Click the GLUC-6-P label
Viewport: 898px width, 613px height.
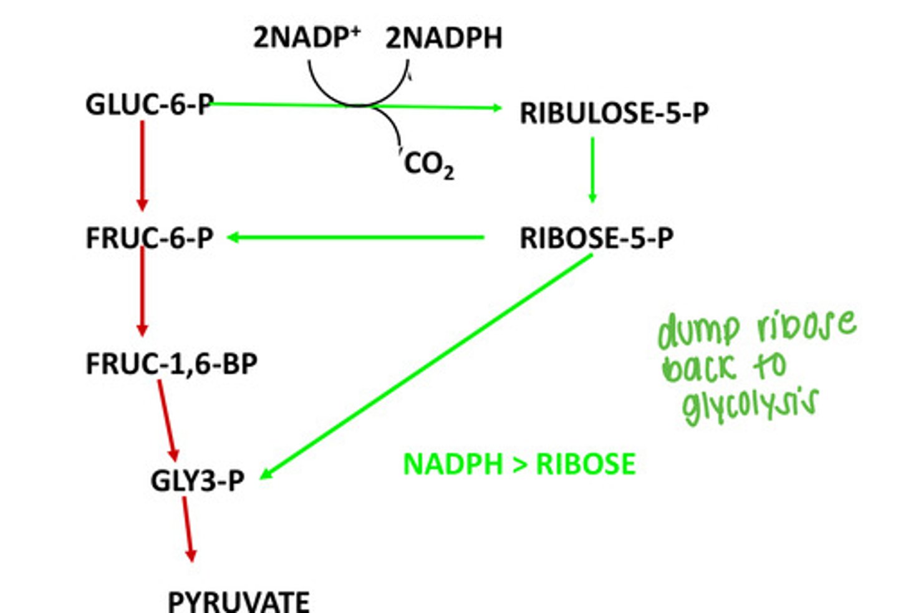(x=150, y=104)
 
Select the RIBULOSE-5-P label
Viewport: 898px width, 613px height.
(x=614, y=113)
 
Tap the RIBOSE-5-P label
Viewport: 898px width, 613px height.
(x=596, y=238)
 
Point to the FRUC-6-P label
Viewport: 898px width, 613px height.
(x=150, y=238)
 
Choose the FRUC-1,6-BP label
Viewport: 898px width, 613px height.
(x=171, y=364)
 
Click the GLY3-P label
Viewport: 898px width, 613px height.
(x=197, y=480)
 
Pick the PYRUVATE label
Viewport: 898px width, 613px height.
(x=239, y=601)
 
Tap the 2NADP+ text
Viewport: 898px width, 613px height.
(x=306, y=38)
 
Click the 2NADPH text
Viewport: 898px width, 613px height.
(x=443, y=38)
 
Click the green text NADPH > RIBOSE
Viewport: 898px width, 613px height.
(x=519, y=464)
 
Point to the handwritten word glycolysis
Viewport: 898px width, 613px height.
(x=749, y=406)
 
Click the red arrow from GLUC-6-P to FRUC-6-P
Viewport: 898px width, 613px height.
(x=142, y=165)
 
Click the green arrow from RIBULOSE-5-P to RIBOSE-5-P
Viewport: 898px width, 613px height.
(x=592, y=169)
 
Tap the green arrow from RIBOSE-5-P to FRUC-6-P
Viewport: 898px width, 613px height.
(x=355, y=237)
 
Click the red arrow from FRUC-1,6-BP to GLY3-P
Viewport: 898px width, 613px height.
(x=168, y=420)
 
